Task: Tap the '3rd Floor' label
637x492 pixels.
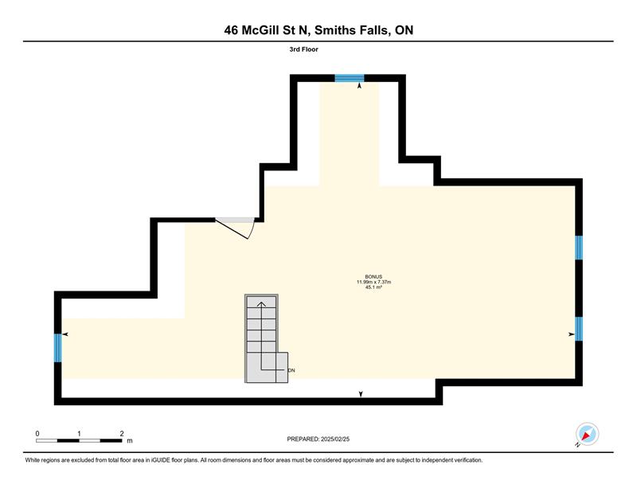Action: click(304, 49)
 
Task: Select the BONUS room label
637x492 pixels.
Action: click(373, 277)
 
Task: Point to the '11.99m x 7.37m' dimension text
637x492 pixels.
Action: click(373, 282)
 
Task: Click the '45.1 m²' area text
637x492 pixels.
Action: click(373, 287)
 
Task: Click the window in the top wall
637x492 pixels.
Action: click(350, 78)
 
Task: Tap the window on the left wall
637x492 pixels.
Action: click(58, 348)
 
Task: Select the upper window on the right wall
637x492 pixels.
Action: click(579, 248)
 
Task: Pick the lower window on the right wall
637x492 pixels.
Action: click(579, 329)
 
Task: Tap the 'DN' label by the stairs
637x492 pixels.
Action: click(291, 370)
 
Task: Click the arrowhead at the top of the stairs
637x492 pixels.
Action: click(261, 305)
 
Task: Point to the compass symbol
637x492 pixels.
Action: click(587, 434)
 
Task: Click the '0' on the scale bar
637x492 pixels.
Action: click(37, 434)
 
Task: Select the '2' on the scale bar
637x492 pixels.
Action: click(122, 434)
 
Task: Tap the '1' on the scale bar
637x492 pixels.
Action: click(79, 434)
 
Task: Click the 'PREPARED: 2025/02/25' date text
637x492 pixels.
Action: click(318, 439)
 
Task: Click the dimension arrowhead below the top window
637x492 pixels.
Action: click(359, 86)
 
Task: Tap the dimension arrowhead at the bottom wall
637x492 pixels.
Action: click(361, 394)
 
